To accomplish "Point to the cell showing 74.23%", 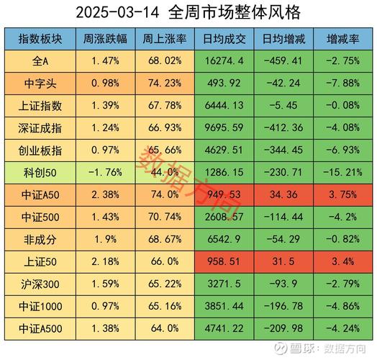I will point(163,84).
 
